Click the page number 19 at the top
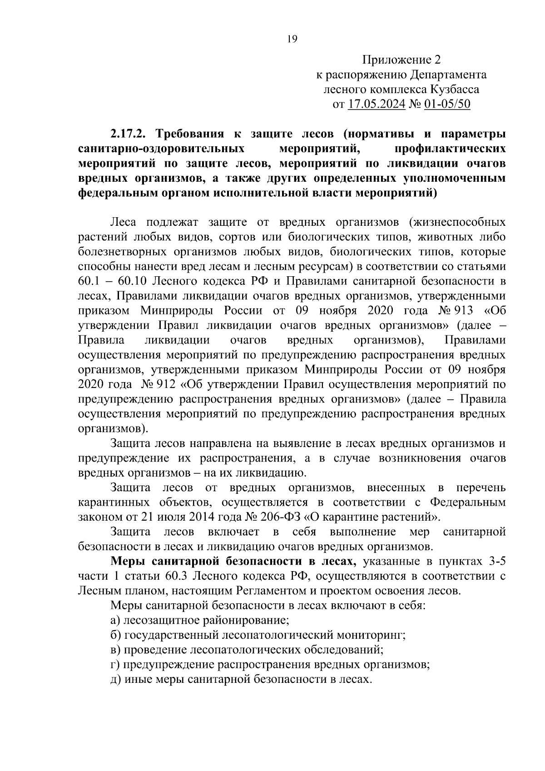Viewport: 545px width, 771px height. tap(292, 39)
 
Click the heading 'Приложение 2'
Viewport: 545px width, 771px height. tap(401, 60)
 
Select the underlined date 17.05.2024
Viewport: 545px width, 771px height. tap(377, 104)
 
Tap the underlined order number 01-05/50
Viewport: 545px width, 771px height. tap(447, 104)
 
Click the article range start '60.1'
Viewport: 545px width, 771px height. tap(92, 281)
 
